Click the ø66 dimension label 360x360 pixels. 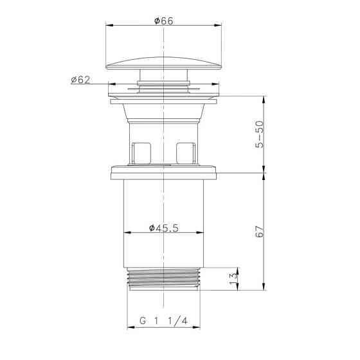pos(164,21)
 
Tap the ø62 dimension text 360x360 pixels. pos(80,80)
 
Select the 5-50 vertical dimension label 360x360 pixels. pos(260,134)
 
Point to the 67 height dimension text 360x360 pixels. pos(260,231)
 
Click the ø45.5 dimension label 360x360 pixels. pos(164,228)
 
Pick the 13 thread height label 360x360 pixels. pos(233,278)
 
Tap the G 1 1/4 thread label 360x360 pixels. pos(163,321)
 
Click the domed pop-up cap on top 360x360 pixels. pos(164,63)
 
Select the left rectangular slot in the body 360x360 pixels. pos(142,153)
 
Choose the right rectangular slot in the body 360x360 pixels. pos(186,153)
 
